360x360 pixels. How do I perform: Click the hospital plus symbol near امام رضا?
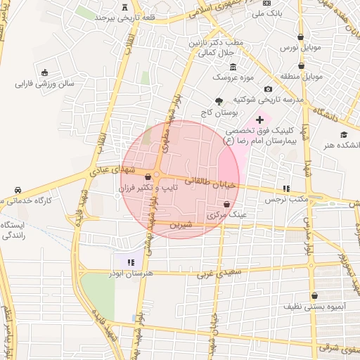[259, 120]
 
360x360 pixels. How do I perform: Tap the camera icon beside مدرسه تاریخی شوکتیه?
[268, 89]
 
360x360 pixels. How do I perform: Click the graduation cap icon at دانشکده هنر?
[343, 135]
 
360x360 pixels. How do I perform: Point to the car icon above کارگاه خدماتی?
[18, 190]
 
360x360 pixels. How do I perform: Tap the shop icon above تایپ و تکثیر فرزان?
[148, 176]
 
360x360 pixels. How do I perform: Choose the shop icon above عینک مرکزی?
[226, 203]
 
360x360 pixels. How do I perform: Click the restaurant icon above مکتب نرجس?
[286, 188]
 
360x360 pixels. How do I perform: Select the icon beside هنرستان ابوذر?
[131, 262]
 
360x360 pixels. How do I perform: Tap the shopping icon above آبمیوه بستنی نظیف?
[314, 295]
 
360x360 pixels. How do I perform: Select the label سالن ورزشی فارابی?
[44, 84]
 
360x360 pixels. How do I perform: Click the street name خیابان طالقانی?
[209, 182]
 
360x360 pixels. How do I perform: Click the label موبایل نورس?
[300, 48]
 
